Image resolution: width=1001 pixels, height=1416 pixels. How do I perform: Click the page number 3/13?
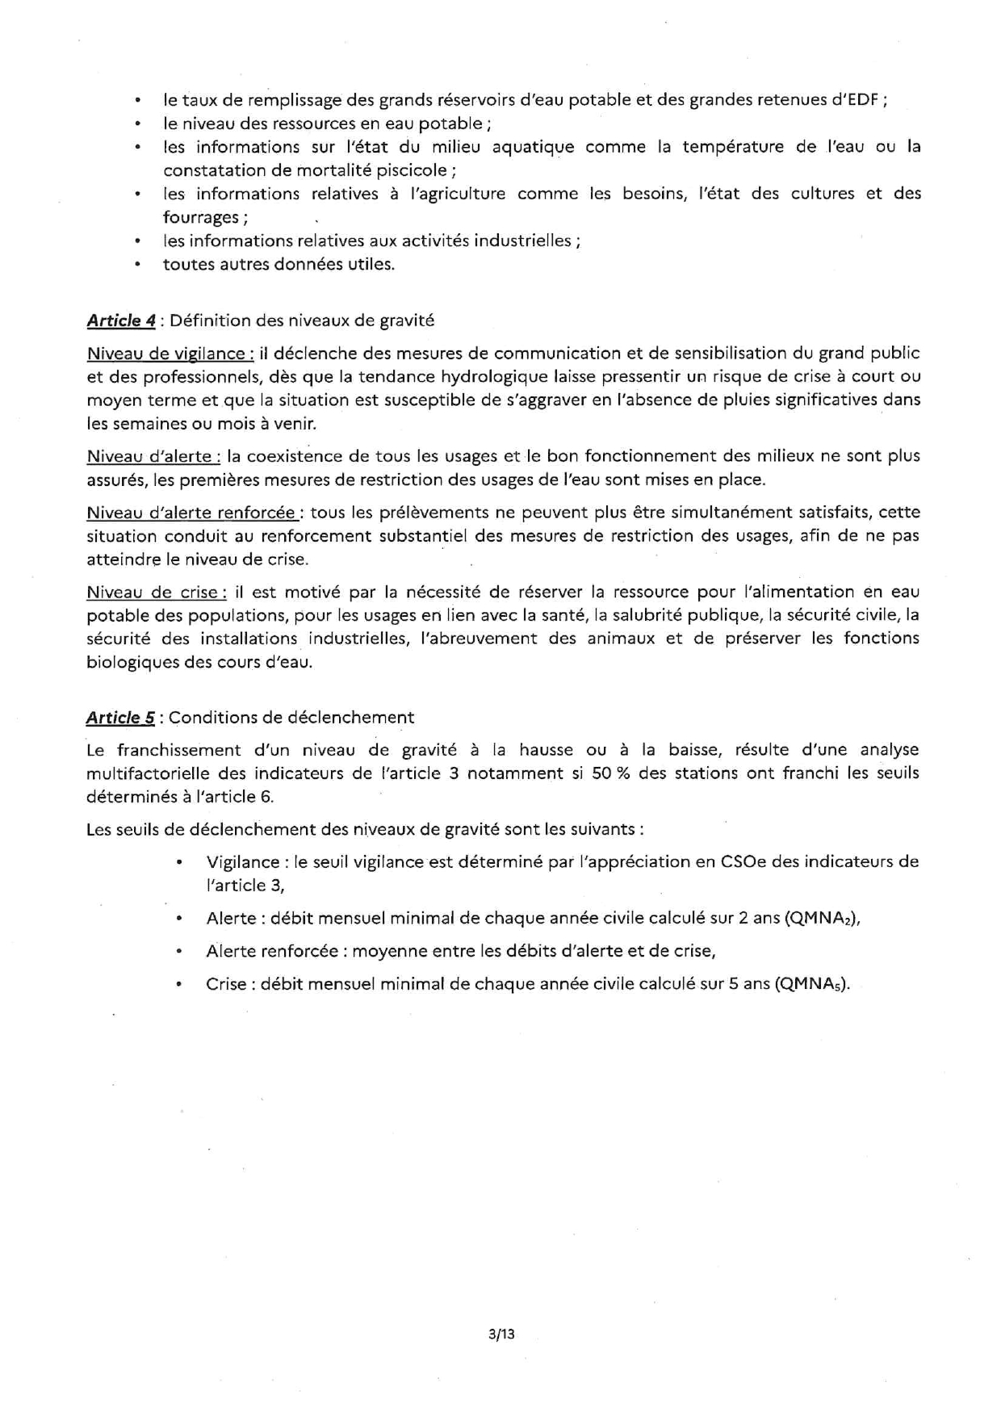tap(501, 1334)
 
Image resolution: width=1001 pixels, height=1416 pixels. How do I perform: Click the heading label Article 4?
tap(121, 320)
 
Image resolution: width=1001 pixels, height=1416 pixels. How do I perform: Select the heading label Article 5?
tap(121, 718)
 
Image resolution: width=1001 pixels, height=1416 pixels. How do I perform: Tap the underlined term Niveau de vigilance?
tap(170, 353)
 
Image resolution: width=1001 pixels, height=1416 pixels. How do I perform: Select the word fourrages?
tap(201, 217)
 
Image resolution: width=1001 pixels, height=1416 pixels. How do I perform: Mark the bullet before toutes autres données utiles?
tap(139, 264)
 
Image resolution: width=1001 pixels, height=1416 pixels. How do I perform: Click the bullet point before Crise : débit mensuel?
tap(178, 984)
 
